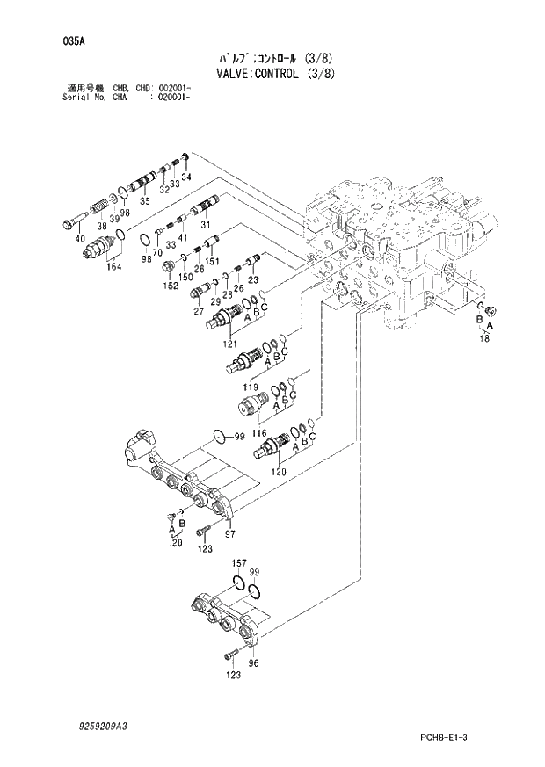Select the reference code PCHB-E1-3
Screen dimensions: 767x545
click(459, 735)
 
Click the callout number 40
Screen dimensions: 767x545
click(80, 239)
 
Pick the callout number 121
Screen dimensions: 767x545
click(230, 343)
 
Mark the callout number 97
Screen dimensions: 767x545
click(230, 533)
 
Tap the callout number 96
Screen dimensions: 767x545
click(254, 663)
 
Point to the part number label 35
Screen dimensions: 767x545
click(145, 202)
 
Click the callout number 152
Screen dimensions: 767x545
click(170, 285)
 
